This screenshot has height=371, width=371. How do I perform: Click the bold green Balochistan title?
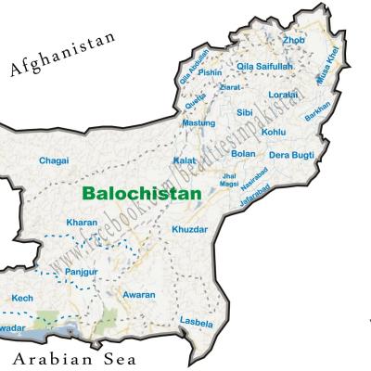pyautogui.click(x=141, y=195)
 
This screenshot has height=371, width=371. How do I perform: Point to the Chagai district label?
pyautogui.click(x=54, y=160)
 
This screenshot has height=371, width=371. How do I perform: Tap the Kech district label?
pyautogui.click(x=22, y=298)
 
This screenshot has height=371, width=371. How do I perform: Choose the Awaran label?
pyautogui.click(x=139, y=294)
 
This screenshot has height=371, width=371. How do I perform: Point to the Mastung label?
pyautogui.click(x=198, y=122)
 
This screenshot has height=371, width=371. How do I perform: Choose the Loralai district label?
pyautogui.click(x=282, y=95)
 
